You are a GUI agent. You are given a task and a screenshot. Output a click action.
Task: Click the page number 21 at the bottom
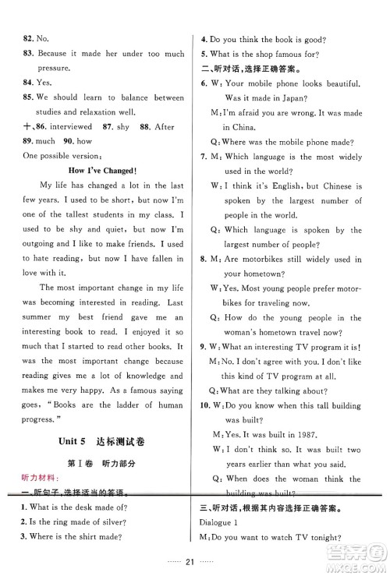coord(194,560)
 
